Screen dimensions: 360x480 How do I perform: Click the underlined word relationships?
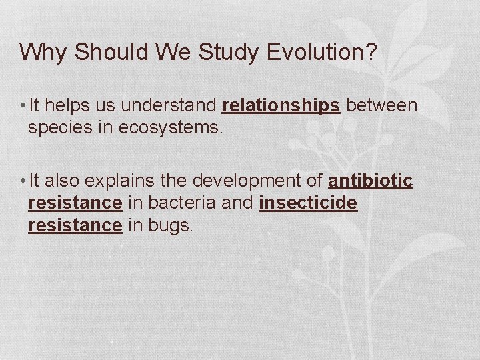pos(281,105)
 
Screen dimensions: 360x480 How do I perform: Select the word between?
pos(381,105)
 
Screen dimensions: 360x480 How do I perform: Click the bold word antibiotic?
pos(371,181)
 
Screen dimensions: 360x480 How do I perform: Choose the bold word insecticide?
pos(308,203)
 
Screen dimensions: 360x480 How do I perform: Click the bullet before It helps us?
pos(23,106)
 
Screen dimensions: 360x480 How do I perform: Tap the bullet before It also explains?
pos(23,182)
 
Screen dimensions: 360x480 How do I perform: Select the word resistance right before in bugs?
pos(75,225)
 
